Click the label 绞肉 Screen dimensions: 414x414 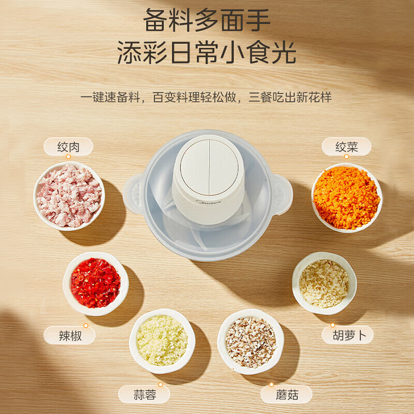pos(68,147)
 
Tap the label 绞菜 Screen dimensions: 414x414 pos(346,147)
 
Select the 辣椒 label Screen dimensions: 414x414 pos(69,336)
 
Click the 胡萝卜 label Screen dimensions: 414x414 pos(347,335)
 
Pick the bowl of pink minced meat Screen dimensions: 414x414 pos(69,196)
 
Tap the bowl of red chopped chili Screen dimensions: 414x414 pos(96,283)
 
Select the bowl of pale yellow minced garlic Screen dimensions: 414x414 pos(162,341)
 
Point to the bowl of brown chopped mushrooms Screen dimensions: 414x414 pos(250,342)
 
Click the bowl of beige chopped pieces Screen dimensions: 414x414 pos(324,283)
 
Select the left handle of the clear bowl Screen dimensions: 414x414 pos(134,194)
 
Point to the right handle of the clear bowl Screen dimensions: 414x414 pos(282,194)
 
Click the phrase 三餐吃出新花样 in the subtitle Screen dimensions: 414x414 pos(290,97)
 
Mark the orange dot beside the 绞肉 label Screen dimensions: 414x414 pos(68,156)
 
